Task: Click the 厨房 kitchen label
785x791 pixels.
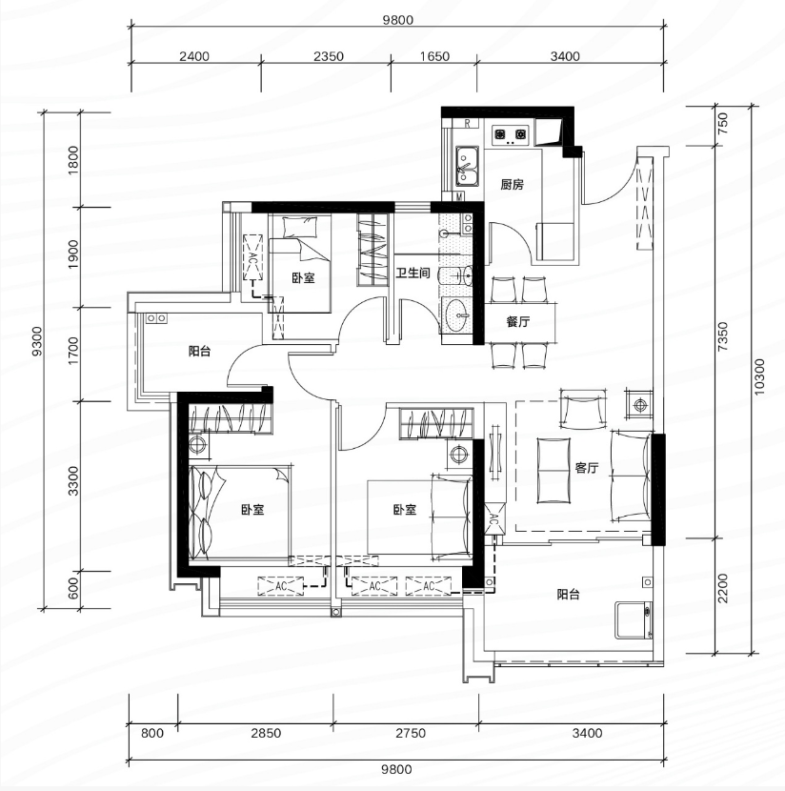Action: [512, 184]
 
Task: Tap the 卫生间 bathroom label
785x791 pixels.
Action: [413, 273]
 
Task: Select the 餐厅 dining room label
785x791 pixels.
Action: [518, 321]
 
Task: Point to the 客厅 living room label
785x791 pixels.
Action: [586, 468]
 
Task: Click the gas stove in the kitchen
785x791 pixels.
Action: [511, 134]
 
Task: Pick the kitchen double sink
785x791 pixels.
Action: [468, 166]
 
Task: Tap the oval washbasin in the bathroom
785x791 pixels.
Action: [458, 314]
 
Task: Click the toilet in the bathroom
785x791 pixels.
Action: [455, 276]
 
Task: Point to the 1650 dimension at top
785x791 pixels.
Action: [434, 56]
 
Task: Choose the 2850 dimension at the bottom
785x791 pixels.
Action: [266, 733]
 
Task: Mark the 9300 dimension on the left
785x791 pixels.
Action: [37, 341]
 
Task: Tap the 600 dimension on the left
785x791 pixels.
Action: [73, 588]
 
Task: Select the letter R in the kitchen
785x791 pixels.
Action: [468, 123]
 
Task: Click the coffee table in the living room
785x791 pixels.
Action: [554, 471]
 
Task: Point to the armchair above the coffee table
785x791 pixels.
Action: [583, 409]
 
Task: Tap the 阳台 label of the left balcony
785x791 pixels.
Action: [200, 351]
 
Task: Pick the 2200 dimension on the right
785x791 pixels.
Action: [723, 588]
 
